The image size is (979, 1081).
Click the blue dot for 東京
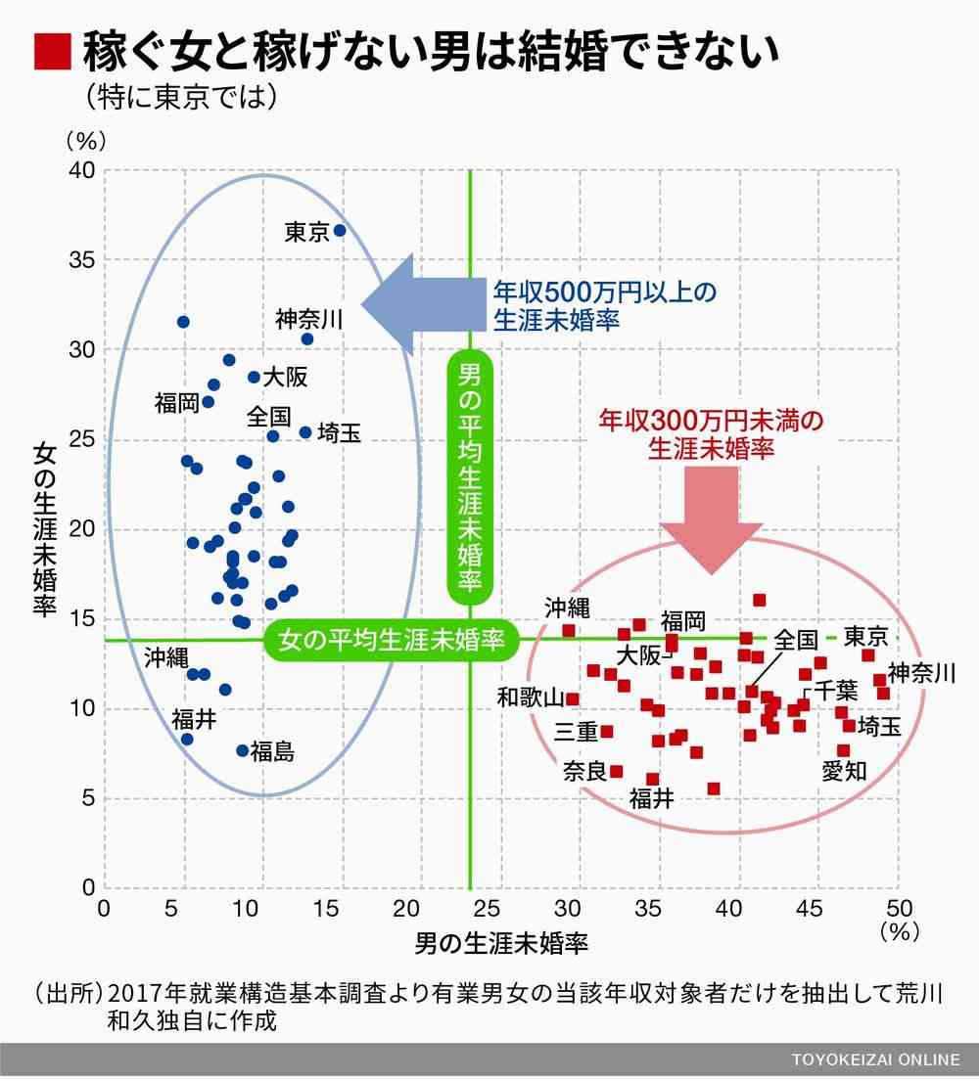click(340, 231)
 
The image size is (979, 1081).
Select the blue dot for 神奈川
click(307, 339)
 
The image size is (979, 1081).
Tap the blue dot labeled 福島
click(243, 750)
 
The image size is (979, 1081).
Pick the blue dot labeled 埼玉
click(305, 432)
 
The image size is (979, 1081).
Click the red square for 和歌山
click(573, 698)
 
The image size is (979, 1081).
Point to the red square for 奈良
click(616, 771)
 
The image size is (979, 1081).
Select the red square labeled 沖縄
click(568, 630)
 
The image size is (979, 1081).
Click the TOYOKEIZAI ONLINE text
click(876, 1061)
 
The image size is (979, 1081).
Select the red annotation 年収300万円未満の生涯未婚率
click(711, 434)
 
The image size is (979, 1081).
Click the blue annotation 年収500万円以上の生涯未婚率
click(604, 305)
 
